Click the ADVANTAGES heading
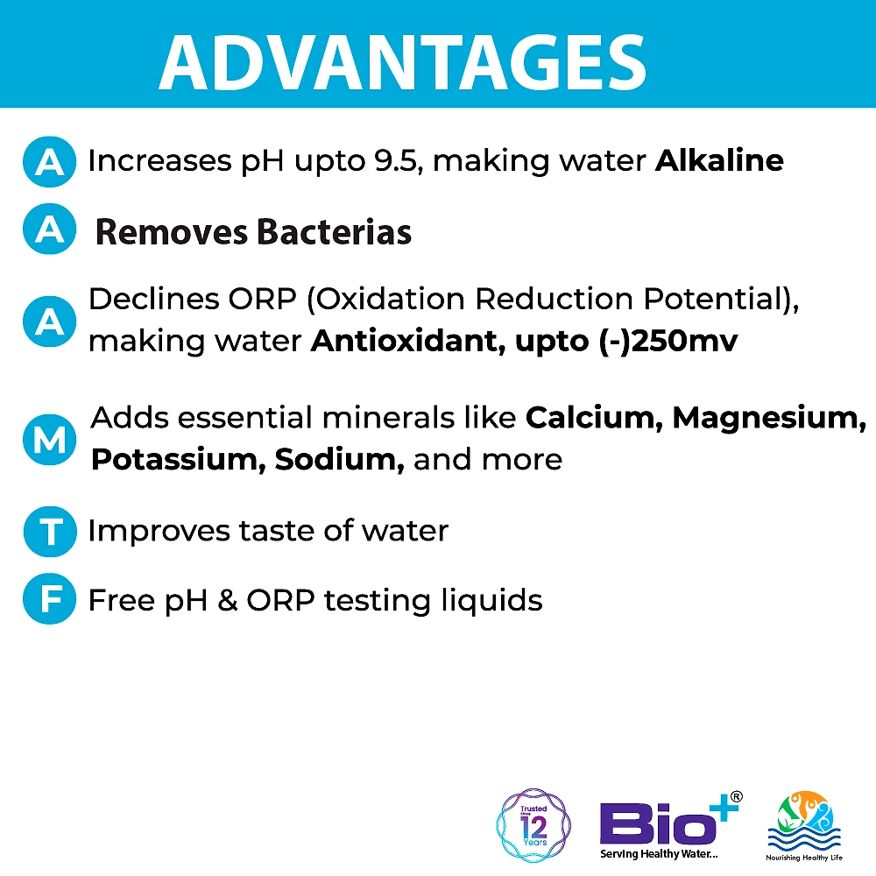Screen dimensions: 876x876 click(x=403, y=61)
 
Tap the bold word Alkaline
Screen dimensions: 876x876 click(x=719, y=160)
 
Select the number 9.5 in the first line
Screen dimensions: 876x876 click(x=395, y=161)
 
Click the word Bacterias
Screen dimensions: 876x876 click(x=334, y=232)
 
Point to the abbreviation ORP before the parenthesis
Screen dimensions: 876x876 click(x=262, y=299)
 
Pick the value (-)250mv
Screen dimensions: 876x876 click(x=668, y=341)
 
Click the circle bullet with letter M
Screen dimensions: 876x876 click(x=50, y=440)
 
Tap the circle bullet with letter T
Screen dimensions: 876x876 click(x=50, y=532)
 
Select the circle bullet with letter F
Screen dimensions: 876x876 click(x=50, y=599)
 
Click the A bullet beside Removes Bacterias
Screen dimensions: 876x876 click(x=50, y=229)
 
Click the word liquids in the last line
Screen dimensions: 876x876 click(x=491, y=601)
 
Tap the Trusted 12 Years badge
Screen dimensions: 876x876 click(x=533, y=825)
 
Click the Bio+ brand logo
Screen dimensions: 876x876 click(x=670, y=825)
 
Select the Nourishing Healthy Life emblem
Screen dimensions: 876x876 click(x=804, y=827)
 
